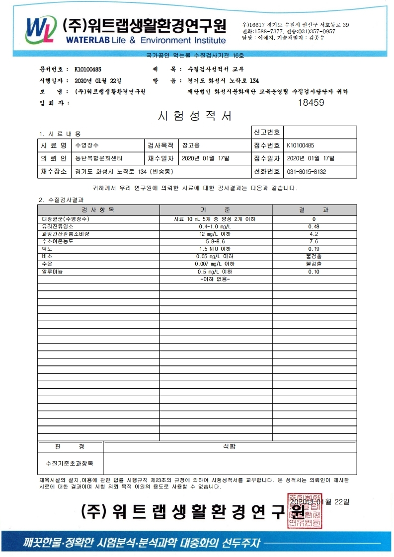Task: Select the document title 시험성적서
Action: (194, 116)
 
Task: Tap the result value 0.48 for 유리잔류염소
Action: (314, 226)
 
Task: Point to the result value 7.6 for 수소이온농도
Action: (314, 241)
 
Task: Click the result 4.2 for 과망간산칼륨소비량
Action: (314, 234)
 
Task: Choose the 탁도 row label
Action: (48, 249)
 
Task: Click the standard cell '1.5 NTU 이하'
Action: (215, 249)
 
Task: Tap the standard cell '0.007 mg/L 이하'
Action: (215, 264)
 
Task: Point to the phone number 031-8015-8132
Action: (307, 172)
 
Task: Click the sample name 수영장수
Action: (87, 145)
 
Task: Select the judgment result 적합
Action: (229, 446)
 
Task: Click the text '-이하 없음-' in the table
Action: (215, 279)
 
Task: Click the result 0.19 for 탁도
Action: (314, 249)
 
